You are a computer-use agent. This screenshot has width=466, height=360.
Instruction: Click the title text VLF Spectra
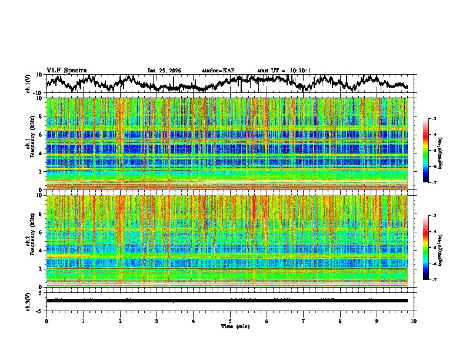(66, 71)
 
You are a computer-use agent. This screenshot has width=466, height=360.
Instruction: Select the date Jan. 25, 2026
(164, 71)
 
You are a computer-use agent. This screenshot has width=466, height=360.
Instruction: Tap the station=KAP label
(218, 71)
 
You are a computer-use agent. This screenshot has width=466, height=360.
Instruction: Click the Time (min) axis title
(235, 326)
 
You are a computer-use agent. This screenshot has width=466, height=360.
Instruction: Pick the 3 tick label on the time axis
(157, 321)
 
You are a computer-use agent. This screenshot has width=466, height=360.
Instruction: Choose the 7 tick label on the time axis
(304, 321)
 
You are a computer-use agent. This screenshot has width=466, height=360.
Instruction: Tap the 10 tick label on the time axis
(414, 321)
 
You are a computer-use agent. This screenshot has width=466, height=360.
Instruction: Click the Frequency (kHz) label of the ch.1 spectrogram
(34, 144)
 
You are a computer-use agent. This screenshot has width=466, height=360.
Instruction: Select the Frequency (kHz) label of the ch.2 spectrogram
(34, 241)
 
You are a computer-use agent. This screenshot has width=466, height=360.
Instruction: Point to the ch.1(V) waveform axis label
(28, 84)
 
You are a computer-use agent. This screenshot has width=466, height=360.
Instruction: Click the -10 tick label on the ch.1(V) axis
(39, 93)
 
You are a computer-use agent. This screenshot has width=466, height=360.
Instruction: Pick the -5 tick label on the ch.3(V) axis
(40, 309)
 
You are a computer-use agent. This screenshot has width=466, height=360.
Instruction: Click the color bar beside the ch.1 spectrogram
(426, 151)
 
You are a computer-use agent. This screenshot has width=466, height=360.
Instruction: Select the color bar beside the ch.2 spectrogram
(426, 248)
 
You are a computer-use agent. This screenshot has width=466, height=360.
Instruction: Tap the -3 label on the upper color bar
(434, 119)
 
